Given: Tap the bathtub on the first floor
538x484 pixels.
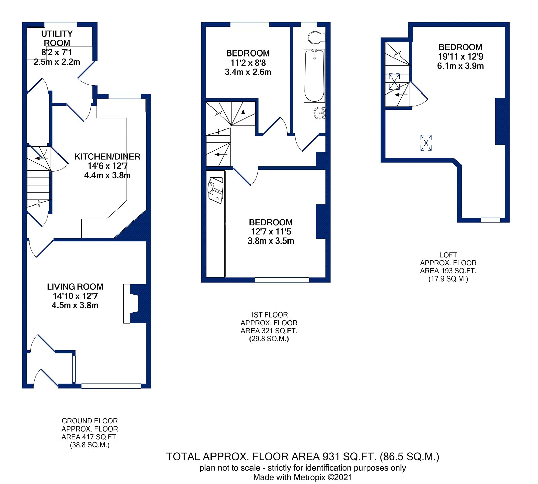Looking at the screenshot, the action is [x=314, y=76].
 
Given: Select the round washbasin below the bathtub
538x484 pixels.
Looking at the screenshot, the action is [x=320, y=113].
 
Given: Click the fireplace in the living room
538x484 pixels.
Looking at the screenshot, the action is [x=135, y=303].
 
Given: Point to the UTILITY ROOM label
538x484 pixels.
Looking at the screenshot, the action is [x=57, y=38].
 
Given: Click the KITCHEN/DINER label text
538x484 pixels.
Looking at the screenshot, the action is [x=107, y=157].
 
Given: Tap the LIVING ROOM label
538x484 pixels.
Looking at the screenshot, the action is [x=75, y=287].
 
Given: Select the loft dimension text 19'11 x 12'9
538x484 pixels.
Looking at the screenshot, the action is [x=460, y=57].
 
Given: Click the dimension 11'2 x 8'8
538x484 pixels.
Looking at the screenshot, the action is [x=248, y=63].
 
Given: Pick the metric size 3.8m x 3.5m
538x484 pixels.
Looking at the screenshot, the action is [x=271, y=241].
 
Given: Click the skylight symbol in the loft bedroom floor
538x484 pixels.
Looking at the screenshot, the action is [x=426, y=143].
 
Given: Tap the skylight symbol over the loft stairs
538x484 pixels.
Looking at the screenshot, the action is [x=394, y=82].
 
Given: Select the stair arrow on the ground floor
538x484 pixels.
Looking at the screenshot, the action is [x=41, y=158].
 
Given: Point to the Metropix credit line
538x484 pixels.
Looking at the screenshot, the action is [x=303, y=477].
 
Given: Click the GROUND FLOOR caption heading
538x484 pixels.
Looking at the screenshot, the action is [x=89, y=421].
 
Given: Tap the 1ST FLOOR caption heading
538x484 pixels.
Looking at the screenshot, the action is [x=269, y=315].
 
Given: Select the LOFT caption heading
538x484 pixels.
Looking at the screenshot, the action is [x=448, y=255].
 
